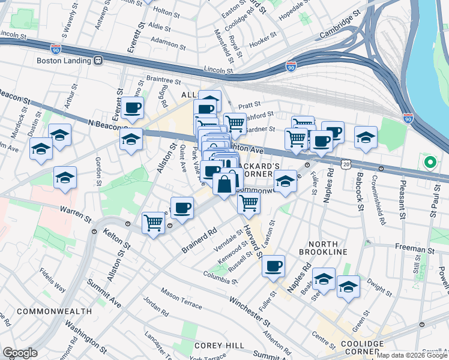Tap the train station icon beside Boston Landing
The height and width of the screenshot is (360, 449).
pyautogui.click(x=98, y=60)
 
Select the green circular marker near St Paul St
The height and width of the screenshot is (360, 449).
pyautogui.click(x=430, y=162)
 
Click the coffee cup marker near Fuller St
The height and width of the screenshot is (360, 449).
pyautogui.click(x=274, y=266)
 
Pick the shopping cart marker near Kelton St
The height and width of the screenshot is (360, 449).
pyautogui.click(x=154, y=223)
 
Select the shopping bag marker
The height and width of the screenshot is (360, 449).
pyautogui.click(x=224, y=185)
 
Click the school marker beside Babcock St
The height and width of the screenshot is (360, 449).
pyautogui.click(x=366, y=137)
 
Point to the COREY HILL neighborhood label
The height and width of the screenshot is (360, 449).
pyautogui.click(x=219, y=346)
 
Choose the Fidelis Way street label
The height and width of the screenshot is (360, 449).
pyautogui.click(x=53, y=279)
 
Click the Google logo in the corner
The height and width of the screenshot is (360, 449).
pyautogui.click(x=19, y=353)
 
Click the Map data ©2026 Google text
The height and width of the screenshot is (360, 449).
pyautogui.click(x=412, y=355)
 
